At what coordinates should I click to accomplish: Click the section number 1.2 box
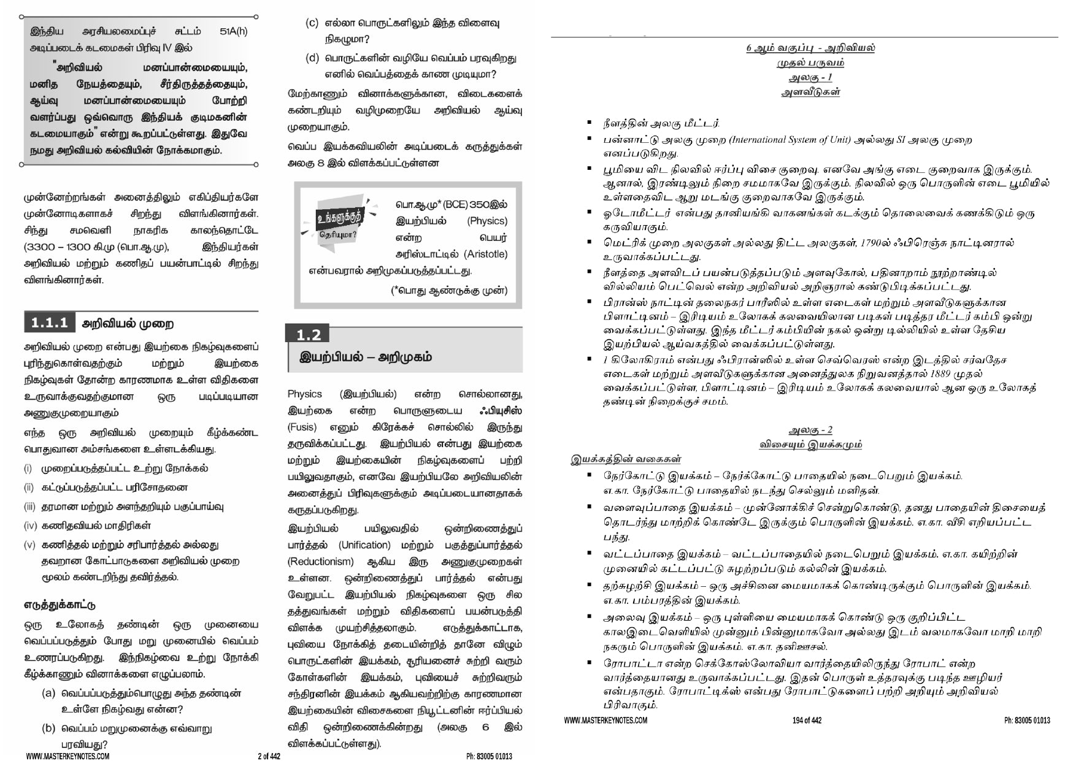[x=308, y=334]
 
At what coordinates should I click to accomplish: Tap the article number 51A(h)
[x=233, y=31]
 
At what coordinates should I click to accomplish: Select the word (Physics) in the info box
[x=487, y=221]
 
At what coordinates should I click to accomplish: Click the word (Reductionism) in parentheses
[x=320, y=562]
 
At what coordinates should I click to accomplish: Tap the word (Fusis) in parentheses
[x=302, y=427]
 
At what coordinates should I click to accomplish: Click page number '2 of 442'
[x=269, y=756]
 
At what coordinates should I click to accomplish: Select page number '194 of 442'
[x=807, y=721]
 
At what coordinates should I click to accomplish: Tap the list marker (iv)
[x=31, y=526]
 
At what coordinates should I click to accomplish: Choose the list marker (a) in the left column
[x=48, y=694]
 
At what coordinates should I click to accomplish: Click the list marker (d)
[x=312, y=58]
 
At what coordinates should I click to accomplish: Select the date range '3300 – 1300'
[x=64, y=247]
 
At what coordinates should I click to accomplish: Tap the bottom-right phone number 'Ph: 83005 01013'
[x=1027, y=721]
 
